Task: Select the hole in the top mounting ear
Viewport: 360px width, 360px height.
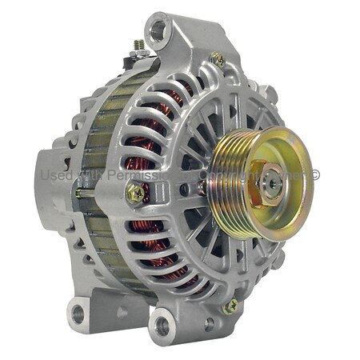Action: pos(158,31)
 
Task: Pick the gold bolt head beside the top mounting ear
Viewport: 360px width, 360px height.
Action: pos(216,58)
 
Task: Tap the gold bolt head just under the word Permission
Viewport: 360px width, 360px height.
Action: pos(134,192)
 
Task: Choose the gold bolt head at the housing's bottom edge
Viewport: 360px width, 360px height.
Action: pos(230,306)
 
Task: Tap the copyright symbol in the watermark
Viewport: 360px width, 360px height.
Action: pos(315,174)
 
